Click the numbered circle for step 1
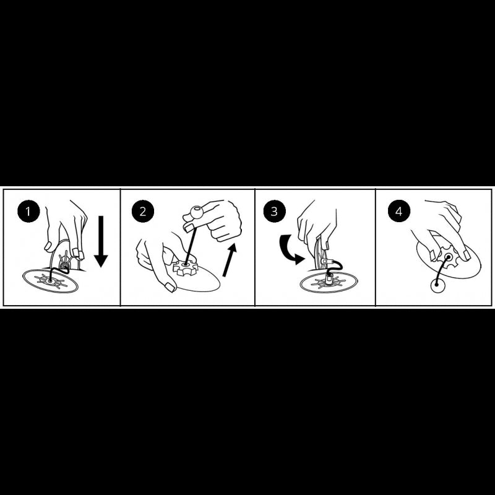(28, 211)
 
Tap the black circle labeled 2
(143, 211)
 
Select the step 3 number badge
(274, 211)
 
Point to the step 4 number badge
(399, 211)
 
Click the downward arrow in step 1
(101, 241)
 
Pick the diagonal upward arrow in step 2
(230, 259)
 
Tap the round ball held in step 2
(196, 212)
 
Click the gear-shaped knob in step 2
(185, 268)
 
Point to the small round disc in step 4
(438, 286)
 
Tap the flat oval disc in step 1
(51, 280)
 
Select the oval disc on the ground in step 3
(329, 282)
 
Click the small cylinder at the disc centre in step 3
(329, 278)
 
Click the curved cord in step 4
(441, 270)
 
